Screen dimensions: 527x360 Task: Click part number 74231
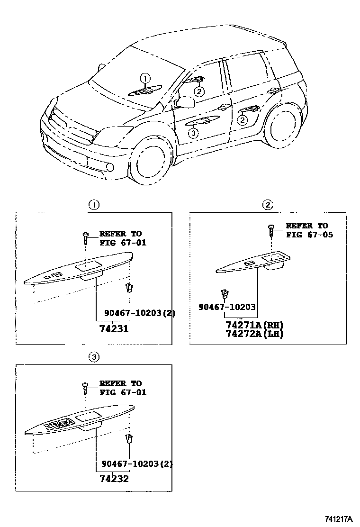pos(114,328)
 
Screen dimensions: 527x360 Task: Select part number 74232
pos(114,478)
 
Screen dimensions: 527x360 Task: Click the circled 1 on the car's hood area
pos(145,78)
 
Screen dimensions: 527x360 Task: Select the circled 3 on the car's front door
pos(192,134)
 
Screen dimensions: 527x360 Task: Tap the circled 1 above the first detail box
pos(94,205)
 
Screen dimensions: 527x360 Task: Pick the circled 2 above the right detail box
pos(268,205)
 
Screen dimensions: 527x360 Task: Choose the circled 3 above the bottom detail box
pos(94,357)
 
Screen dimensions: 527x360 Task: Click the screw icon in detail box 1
pos(86,236)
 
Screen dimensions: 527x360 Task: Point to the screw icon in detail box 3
pos(86,387)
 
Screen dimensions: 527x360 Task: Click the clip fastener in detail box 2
pos(225,293)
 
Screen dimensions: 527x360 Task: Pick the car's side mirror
pos(185,102)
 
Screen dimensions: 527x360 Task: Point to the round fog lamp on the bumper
pos(110,167)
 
